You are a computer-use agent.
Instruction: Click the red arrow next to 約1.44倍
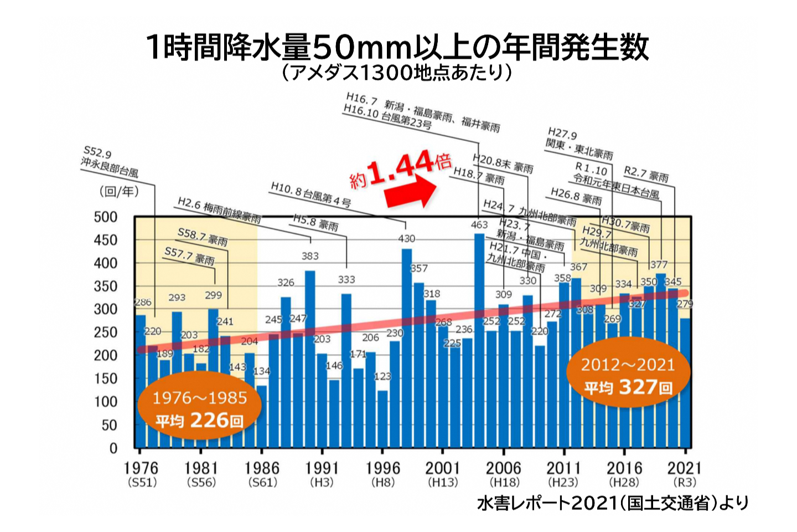click(x=411, y=191)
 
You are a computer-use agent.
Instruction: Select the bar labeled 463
click(x=479, y=344)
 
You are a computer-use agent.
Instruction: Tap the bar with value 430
click(x=406, y=349)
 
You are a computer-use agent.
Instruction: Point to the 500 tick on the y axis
click(x=106, y=217)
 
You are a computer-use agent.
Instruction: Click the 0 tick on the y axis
click(x=113, y=448)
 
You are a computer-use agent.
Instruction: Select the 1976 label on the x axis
click(x=141, y=468)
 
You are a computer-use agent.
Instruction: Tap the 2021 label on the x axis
click(x=684, y=468)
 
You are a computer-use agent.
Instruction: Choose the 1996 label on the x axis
click(x=382, y=468)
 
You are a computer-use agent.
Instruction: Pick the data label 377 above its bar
click(x=659, y=265)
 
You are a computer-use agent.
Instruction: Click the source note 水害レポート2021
click(x=612, y=503)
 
